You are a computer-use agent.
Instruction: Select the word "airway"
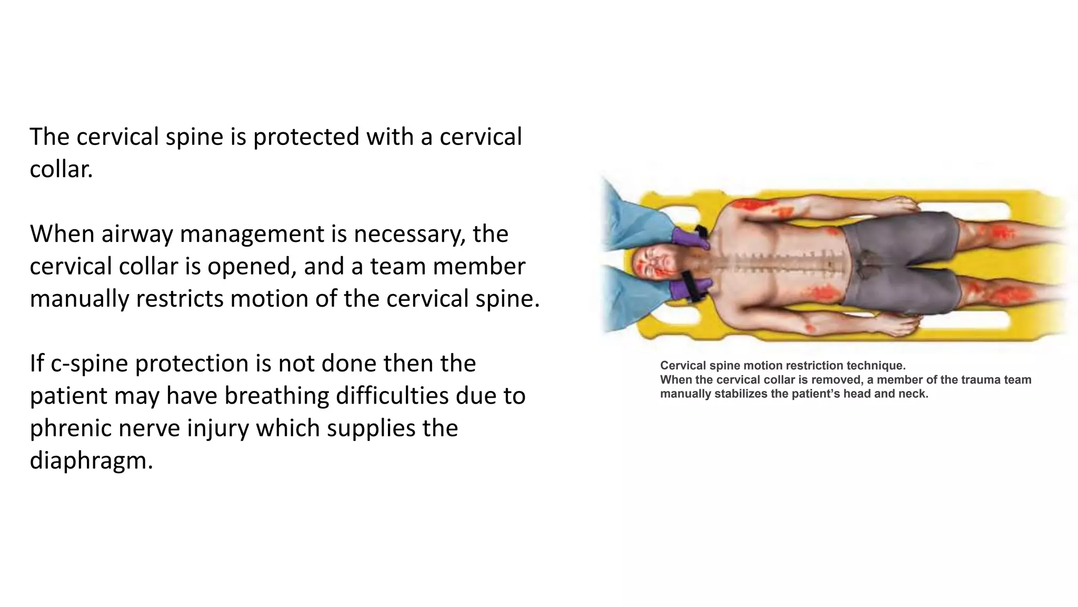coord(137,234)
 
